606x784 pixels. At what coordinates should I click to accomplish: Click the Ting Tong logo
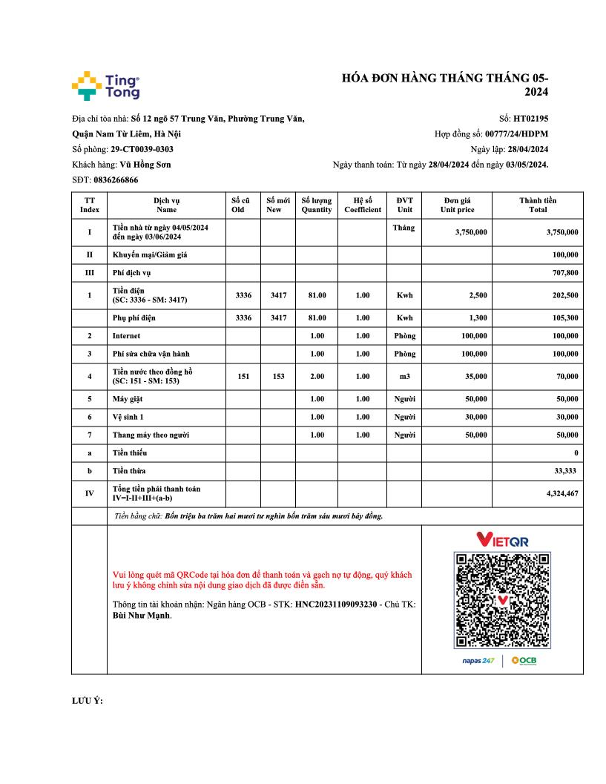(x=106, y=86)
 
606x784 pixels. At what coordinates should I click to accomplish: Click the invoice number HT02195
(x=531, y=118)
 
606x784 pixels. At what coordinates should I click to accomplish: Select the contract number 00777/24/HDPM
(x=517, y=134)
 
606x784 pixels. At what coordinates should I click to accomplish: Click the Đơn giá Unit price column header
(x=457, y=205)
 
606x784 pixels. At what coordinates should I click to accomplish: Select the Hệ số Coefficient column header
(x=362, y=205)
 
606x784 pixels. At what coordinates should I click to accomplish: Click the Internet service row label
(x=126, y=336)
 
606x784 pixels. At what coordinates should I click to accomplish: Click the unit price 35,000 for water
(x=473, y=376)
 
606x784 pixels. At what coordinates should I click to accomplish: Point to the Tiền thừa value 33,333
(x=567, y=471)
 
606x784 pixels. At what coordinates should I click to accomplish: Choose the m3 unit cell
(x=404, y=376)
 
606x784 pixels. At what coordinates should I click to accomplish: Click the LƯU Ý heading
(x=88, y=701)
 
